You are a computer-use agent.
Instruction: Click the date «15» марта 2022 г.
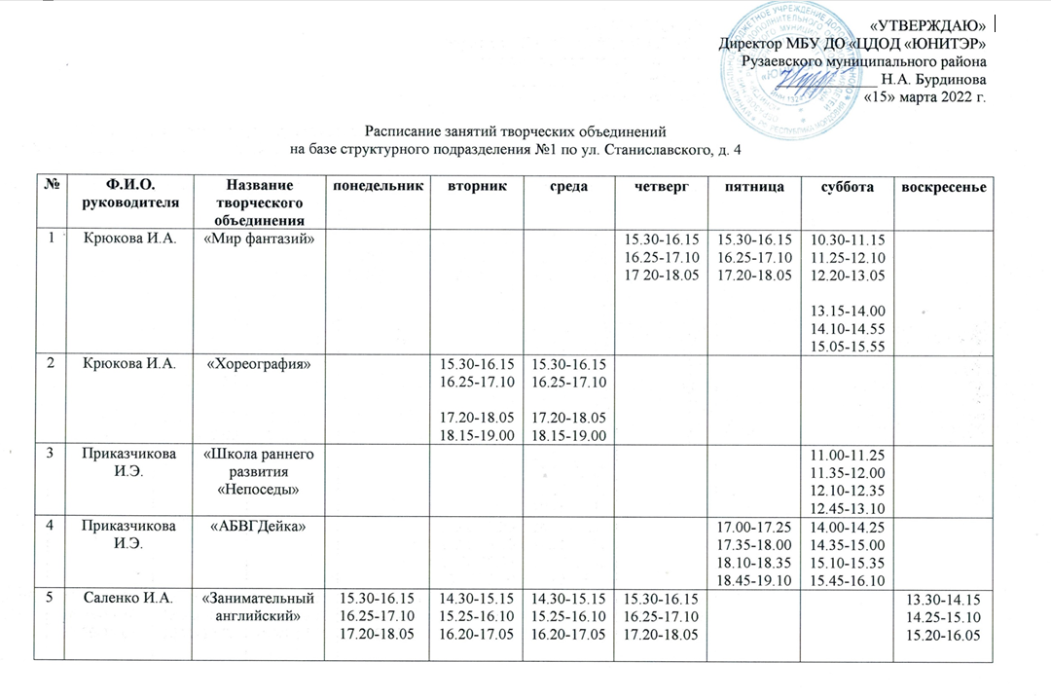[925, 97]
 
